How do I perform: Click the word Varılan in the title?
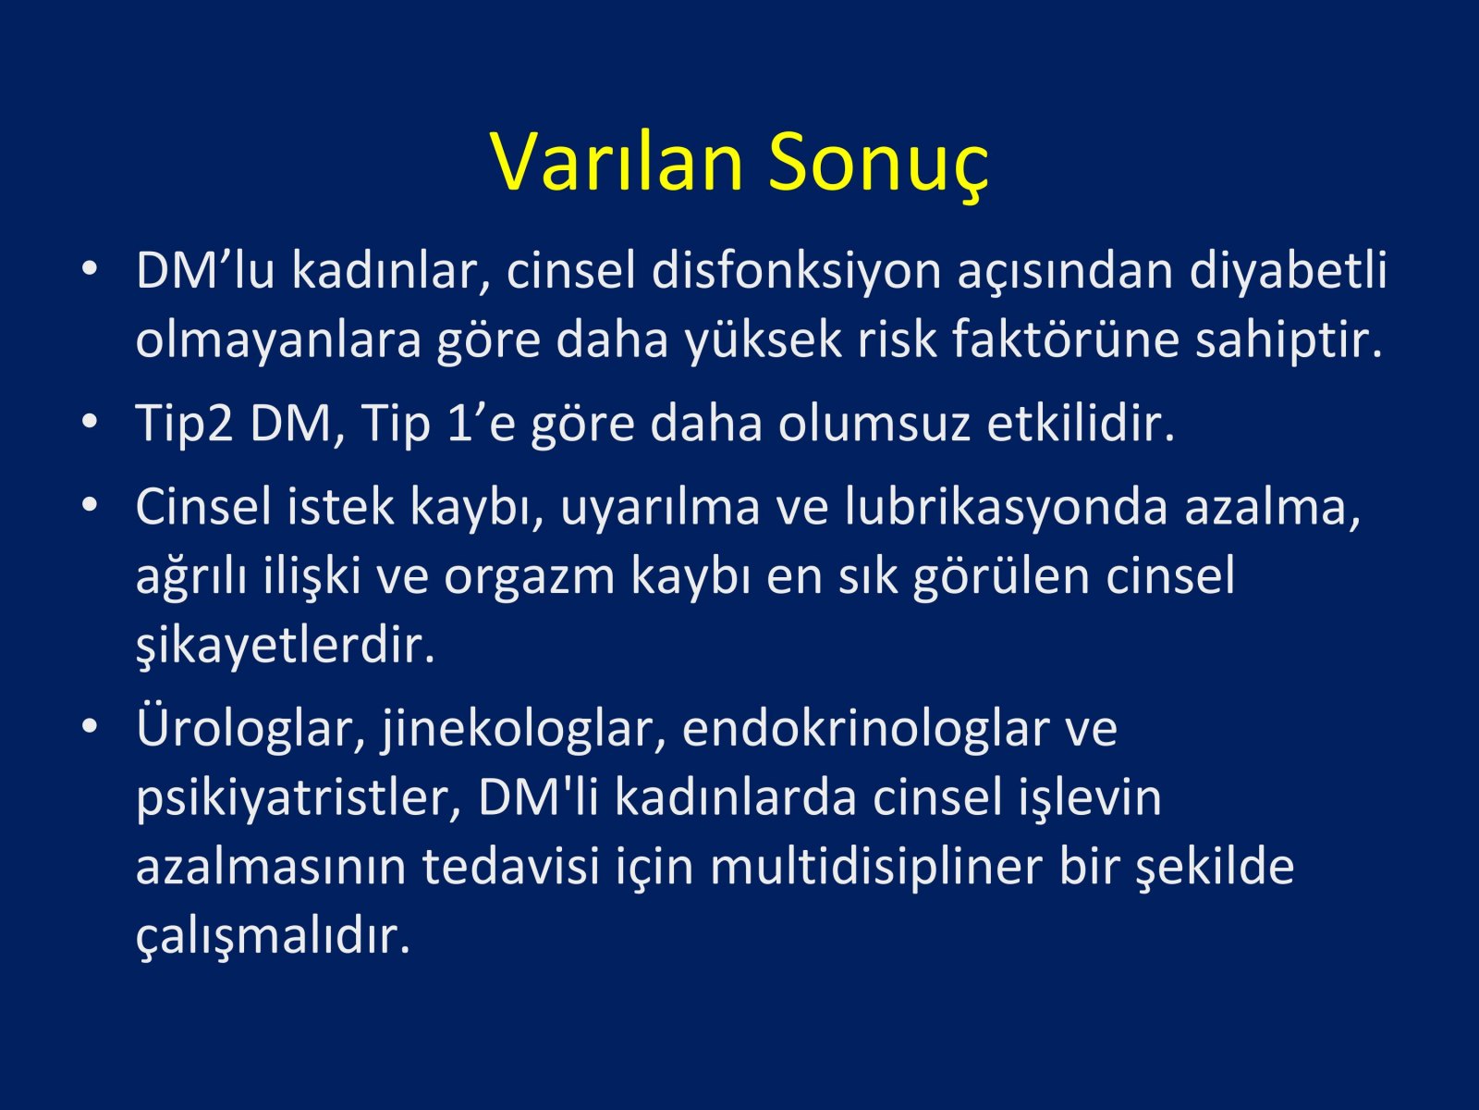617,162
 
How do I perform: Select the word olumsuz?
874,424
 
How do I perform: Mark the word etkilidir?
1081,424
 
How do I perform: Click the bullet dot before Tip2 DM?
90,422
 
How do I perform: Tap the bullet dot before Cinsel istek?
90,505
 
